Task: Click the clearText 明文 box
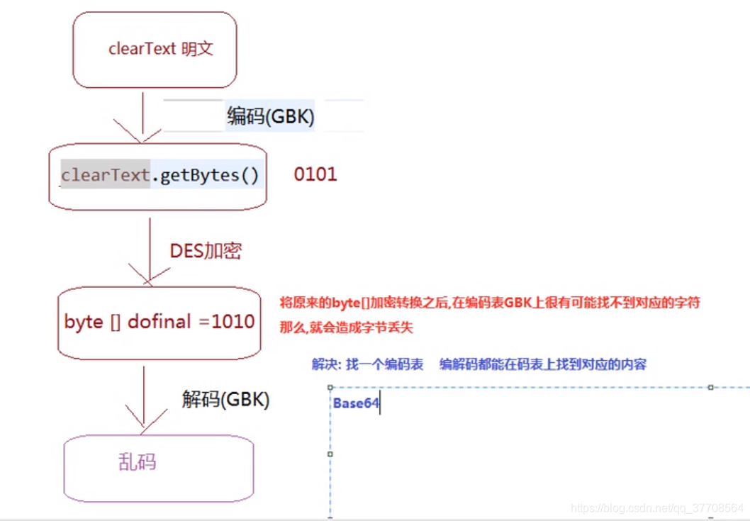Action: click(155, 50)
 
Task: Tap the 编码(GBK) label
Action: click(270, 116)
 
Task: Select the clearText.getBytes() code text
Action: click(160, 175)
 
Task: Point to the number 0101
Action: click(315, 174)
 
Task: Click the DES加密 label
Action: click(206, 251)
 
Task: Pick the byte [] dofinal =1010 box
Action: click(159, 322)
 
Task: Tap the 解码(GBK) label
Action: click(225, 400)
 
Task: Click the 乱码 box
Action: click(159, 468)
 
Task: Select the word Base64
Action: click(357, 404)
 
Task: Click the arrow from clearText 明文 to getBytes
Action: click(142, 117)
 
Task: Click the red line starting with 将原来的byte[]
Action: click(490, 303)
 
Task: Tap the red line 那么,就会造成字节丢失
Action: click(346, 327)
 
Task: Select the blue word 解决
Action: click(325, 364)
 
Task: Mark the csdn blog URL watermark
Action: click(657, 508)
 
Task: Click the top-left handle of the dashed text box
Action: click(330, 387)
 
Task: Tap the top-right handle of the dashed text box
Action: click(710, 387)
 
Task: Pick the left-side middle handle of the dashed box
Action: click(330, 454)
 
